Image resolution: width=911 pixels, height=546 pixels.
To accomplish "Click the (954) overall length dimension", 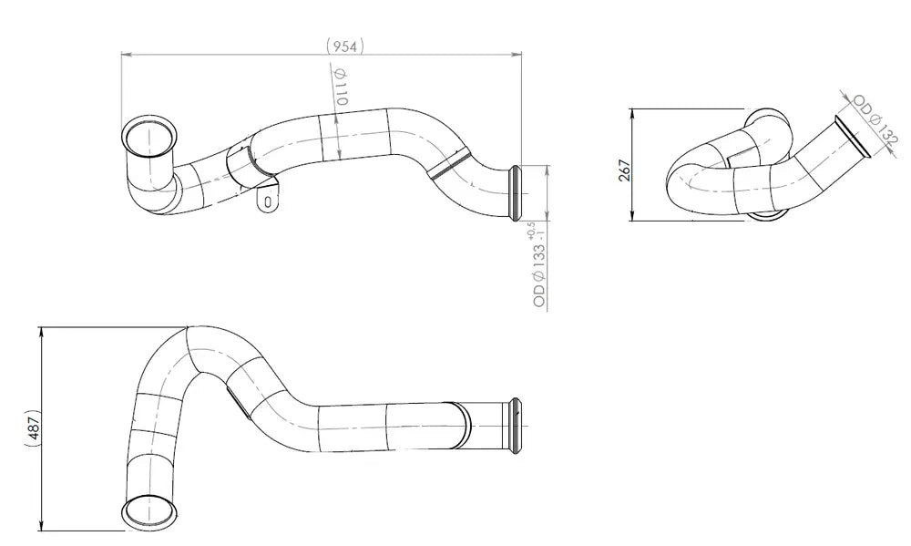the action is tap(345, 46).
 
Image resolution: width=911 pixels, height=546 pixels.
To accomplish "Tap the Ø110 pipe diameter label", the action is tap(341, 87).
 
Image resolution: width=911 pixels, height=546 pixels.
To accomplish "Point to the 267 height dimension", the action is tap(625, 170).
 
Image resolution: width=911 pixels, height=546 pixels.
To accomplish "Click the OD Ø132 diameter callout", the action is tap(875, 119).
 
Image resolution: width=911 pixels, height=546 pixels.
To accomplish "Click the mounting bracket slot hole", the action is tap(267, 201).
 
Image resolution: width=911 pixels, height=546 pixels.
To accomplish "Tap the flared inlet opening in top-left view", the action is tap(149, 138).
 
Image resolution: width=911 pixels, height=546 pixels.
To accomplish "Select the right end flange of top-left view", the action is tap(515, 193).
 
